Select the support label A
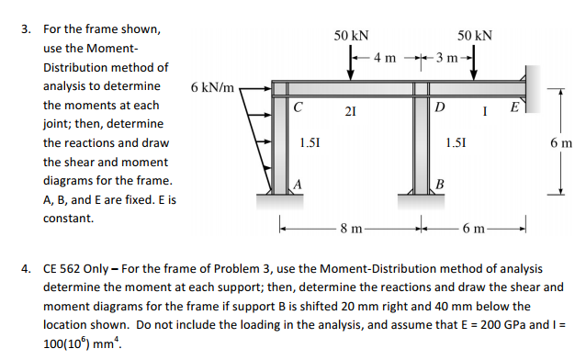point(297,183)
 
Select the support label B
point(440,183)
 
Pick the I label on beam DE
point(484,111)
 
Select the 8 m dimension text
point(352,227)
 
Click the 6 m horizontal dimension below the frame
point(475,227)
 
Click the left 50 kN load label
point(352,36)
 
